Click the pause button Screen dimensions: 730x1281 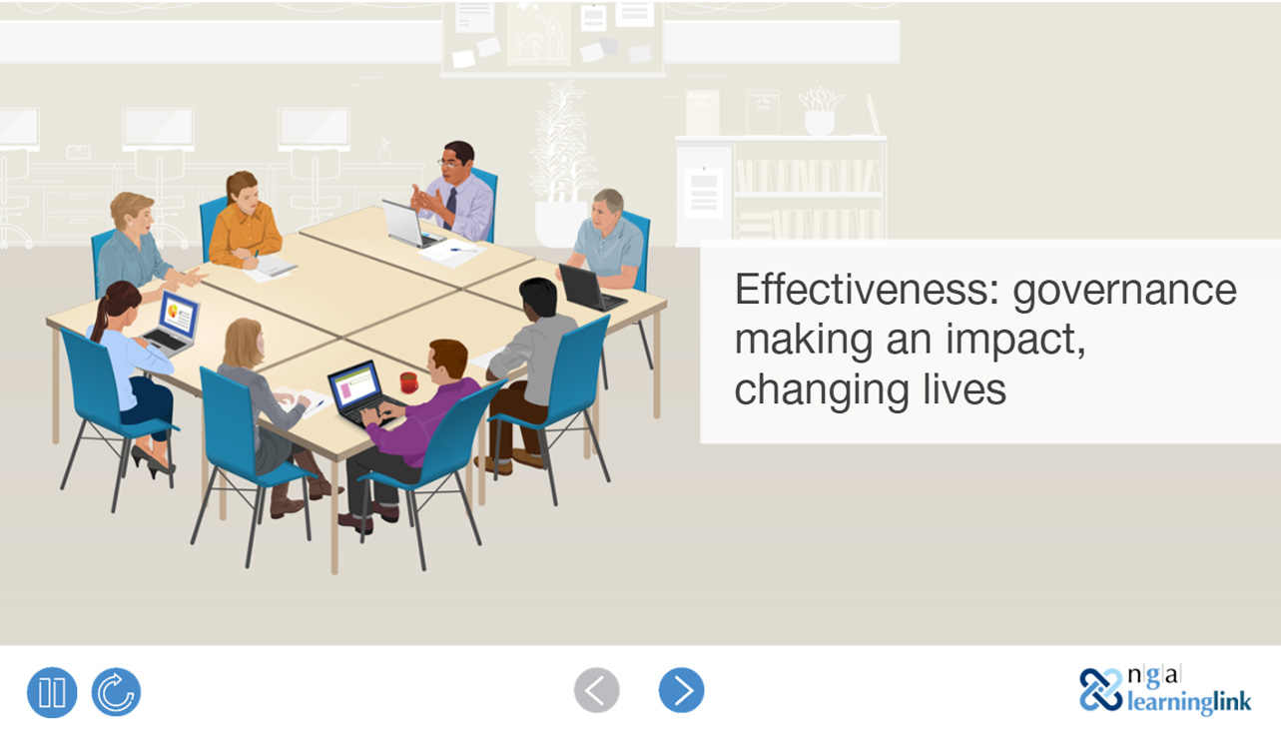click(52, 692)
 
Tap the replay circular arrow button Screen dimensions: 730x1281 click(116, 692)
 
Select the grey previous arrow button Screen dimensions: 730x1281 click(597, 690)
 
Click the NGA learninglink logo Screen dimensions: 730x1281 click(1164, 690)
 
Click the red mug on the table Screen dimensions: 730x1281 click(407, 382)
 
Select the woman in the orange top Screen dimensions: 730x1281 click(244, 220)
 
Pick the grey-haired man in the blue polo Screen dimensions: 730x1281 click(609, 237)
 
